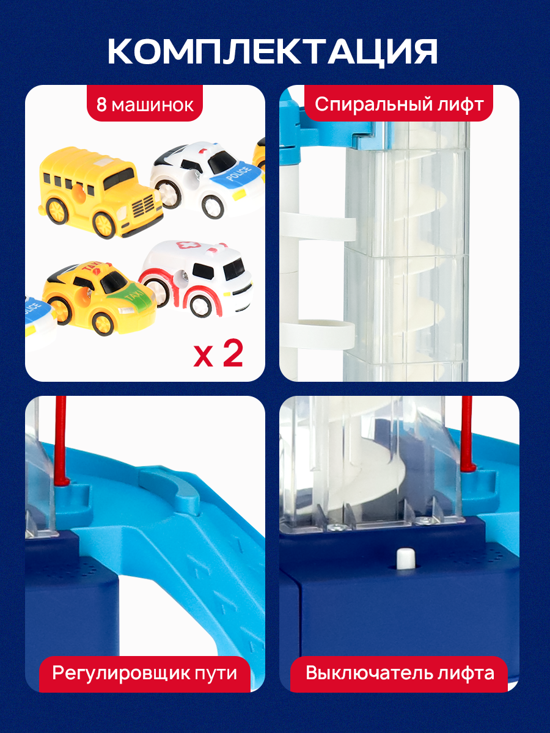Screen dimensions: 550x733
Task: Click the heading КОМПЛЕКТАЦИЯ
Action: (x=273, y=52)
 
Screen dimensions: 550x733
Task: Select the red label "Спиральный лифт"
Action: (x=399, y=104)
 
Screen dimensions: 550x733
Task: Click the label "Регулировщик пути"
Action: (x=145, y=673)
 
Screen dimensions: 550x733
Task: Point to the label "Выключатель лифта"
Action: (x=400, y=673)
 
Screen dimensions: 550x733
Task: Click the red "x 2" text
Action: (x=218, y=354)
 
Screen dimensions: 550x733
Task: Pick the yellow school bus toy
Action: (x=101, y=192)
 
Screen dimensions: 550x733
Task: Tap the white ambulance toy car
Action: (x=196, y=278)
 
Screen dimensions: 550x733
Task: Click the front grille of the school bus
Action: (x=143, y=205)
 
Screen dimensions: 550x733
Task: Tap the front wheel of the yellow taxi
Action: (x=103, y=323)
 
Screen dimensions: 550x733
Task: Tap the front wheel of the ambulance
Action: (x=200, y=306)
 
